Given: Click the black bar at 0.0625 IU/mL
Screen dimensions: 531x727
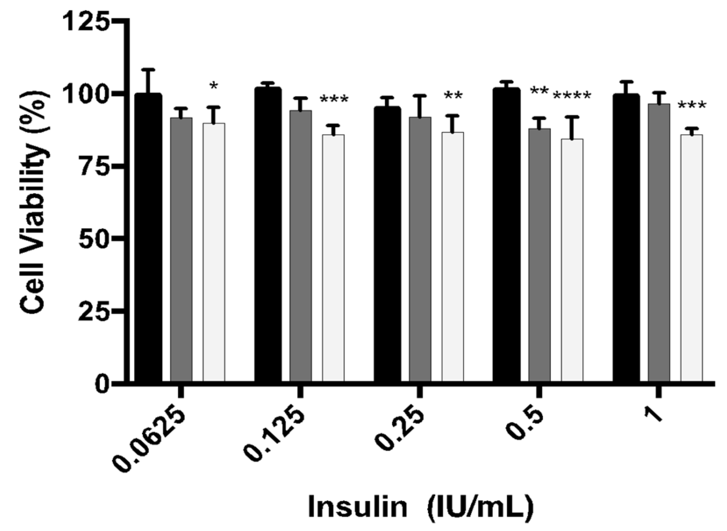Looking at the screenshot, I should (148, 238).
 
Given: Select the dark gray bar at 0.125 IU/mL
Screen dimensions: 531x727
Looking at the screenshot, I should (300, 246).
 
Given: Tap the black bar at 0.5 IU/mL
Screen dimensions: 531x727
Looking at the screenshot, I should (506, 235).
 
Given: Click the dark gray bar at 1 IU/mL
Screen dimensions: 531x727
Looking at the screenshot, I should (659, 243).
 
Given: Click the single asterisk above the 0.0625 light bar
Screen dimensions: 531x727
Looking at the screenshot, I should (213, 86).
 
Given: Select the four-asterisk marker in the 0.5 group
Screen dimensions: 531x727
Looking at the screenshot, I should (572, 96).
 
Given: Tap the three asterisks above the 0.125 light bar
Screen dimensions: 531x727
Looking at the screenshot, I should (334, 100).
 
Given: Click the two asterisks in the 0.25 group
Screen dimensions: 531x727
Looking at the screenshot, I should (453, 96).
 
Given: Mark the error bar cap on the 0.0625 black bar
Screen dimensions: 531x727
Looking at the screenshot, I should (148, 69).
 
